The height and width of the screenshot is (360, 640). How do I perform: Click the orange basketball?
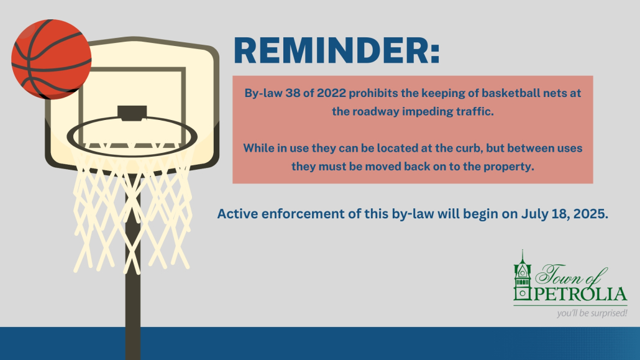pos(52,59)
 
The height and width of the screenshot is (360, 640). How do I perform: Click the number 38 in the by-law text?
pos(293,93)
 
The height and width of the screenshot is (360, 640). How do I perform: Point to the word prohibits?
pos(373,93)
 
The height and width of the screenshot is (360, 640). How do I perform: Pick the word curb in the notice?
pos(466,148)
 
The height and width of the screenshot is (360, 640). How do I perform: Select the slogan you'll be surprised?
pos(592,313)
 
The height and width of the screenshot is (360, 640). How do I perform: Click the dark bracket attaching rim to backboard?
pos(132,113)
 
